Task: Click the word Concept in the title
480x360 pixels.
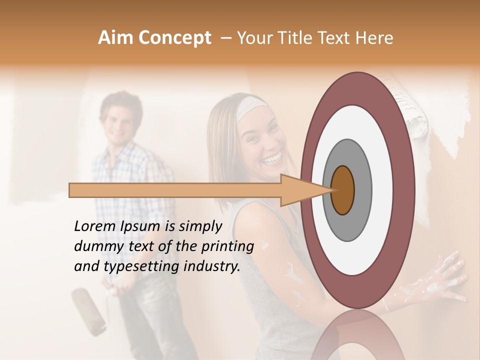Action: (x=175, y=38)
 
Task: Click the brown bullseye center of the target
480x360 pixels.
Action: (x=342, y=190)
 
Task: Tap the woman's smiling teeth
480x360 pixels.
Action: (x=272, y=160)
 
